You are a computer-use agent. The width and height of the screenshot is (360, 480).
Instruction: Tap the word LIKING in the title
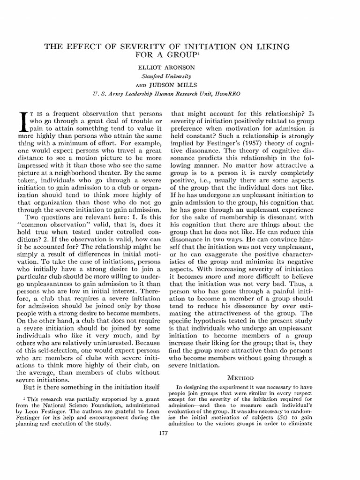click(271, 47)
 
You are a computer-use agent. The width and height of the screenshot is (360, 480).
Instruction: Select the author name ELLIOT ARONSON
click(166, 67)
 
